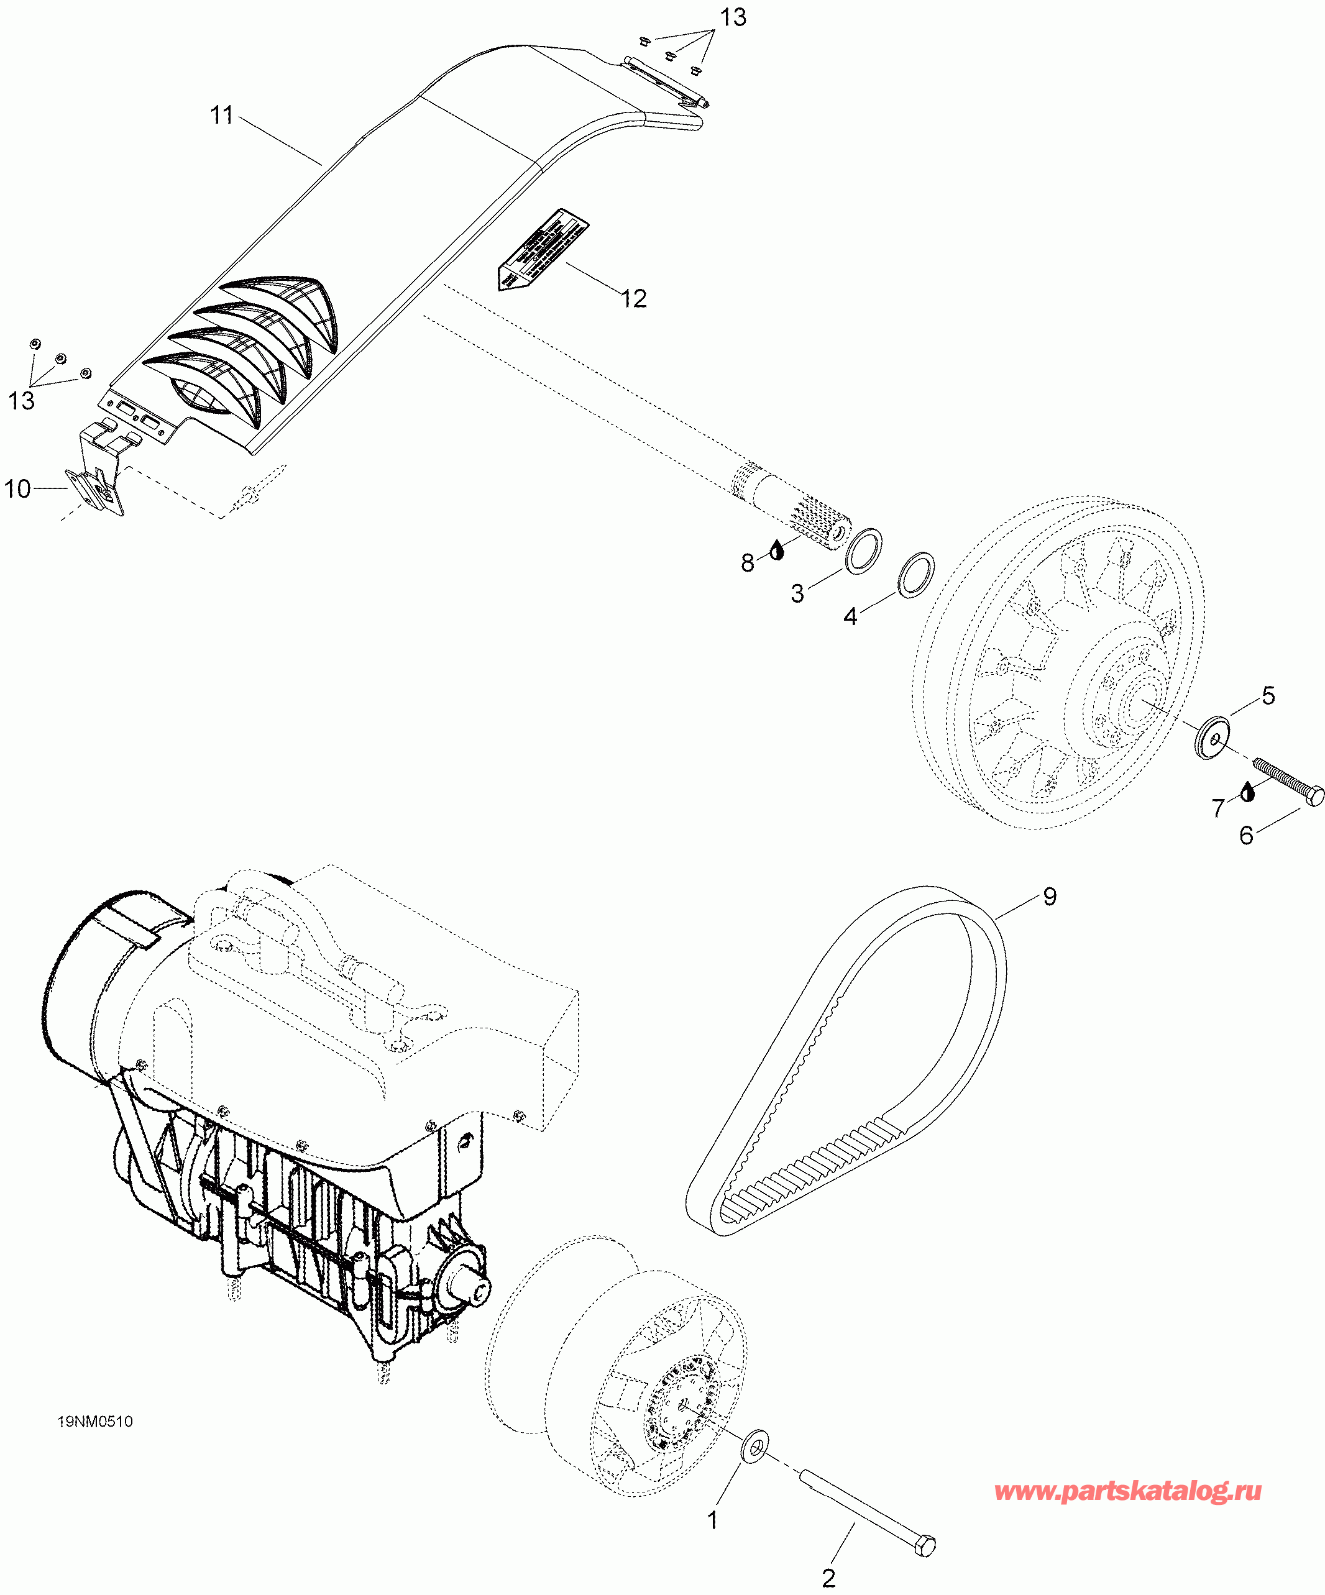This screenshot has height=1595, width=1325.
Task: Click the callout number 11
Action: (x=221, y=116)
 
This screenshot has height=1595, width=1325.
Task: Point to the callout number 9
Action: (x=1049, y=897)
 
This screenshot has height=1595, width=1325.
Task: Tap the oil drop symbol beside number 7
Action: (x=1247, y=792)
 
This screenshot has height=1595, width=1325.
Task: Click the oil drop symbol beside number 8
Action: (x=776, y=550)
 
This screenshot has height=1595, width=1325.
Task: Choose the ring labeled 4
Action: (x=916, y=574)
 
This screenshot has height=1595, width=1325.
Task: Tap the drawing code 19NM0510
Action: (x=95, y=1422)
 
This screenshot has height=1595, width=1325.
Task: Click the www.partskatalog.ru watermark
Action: (x=1127, y=1491)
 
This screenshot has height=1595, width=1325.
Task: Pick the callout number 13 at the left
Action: (x=21, y=400)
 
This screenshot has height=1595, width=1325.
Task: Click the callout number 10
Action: (x=17, y=488)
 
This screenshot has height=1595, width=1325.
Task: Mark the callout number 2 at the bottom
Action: (x=829, y=1578)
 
